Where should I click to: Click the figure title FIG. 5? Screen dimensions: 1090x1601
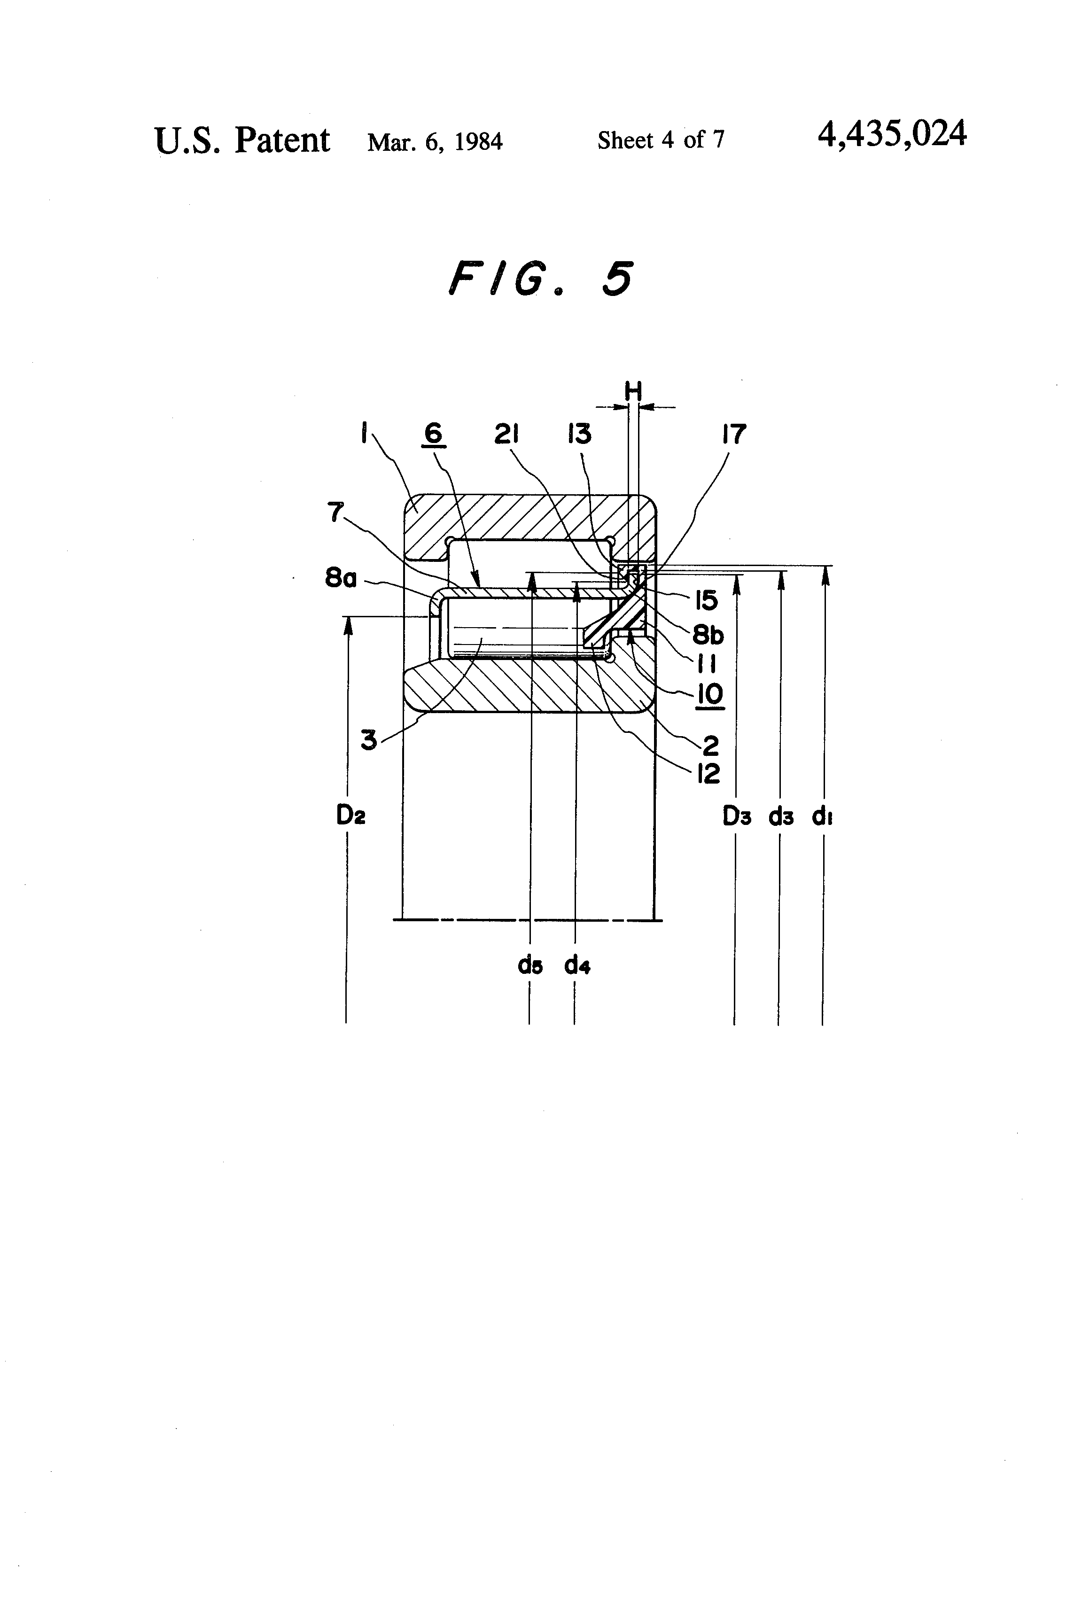[x=540, y=279]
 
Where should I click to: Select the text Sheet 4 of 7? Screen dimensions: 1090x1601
[x=661, y=140]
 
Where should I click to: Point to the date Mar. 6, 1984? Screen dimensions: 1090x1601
[x=435, y=142]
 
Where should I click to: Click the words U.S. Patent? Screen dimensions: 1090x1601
[x=242, y=140]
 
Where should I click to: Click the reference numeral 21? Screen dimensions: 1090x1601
[x=506, y=434]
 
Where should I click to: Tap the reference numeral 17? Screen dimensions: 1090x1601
[x=734, y=434]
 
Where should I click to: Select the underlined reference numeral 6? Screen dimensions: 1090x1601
[x=433, y=434]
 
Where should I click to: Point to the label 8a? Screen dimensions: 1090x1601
[x=341, y=577]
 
